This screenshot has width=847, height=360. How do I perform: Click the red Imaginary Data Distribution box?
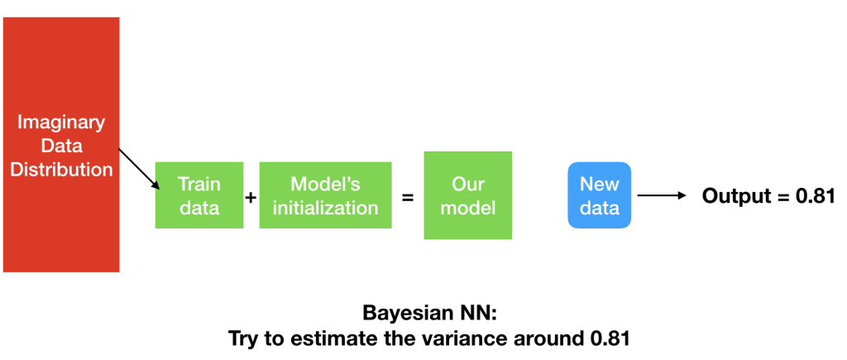point(61,144)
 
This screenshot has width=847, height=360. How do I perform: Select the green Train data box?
point(199,195)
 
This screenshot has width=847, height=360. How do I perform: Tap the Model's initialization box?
point(325,195)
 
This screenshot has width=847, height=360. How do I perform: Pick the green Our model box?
point(468,195)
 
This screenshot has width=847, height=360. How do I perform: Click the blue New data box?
point(599,195)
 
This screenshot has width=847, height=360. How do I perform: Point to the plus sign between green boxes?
point(251,197)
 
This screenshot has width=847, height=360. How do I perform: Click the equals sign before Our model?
point(408,197)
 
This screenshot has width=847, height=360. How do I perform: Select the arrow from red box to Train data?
point(139,169)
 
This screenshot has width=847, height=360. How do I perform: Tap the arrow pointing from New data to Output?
point(662,195)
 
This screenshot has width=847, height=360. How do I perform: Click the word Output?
point(733,195)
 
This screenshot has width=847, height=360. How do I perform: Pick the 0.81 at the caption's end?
point(608,339)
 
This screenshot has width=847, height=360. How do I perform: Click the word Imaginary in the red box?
point(61,122)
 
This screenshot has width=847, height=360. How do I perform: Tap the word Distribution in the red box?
point(61,169)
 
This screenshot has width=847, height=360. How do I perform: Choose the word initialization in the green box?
point(325,208)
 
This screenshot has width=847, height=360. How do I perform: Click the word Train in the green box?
point(199,184)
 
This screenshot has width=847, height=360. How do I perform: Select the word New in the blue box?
point(599,184)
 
